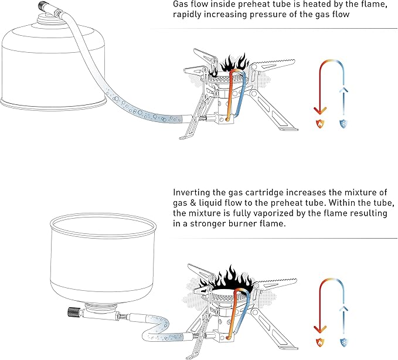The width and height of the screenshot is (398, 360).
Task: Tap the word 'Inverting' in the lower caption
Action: pos(192,192)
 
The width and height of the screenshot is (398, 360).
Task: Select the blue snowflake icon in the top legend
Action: pos(344,124)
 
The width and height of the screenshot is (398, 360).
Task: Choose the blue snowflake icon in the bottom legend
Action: pos(344,341)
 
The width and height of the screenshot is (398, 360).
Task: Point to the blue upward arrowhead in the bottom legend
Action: pos(344,307)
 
